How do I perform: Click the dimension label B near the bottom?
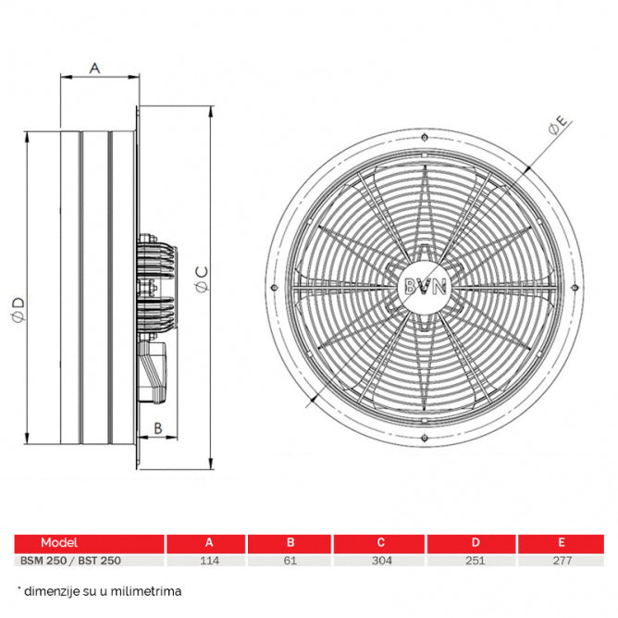pyautogui.click(x=158, y=426)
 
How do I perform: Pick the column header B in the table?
pyautogui.click(x=290, y=543)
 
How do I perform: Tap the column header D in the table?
pyautogui.click(x=476, y=543)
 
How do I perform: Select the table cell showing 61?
pyautogui.click(x=290, y=560)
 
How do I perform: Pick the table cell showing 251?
pyautogui.click(x=476, y=560)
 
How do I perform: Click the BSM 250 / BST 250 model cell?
pyautogui.click(x=70, y=560)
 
